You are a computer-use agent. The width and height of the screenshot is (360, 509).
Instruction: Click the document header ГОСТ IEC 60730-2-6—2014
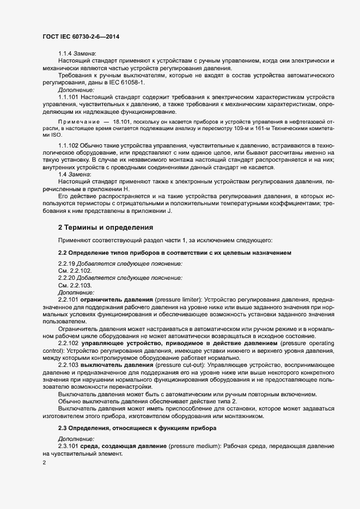click(x=80, y=36)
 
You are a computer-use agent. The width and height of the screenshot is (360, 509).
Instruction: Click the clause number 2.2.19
click(x=67, y=263)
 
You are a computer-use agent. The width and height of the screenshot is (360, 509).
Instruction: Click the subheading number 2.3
click(x=63, y=428)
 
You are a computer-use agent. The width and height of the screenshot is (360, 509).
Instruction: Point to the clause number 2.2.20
click(x=67, y=278)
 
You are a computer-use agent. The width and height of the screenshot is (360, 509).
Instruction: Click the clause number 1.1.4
click(x=65, y=53)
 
